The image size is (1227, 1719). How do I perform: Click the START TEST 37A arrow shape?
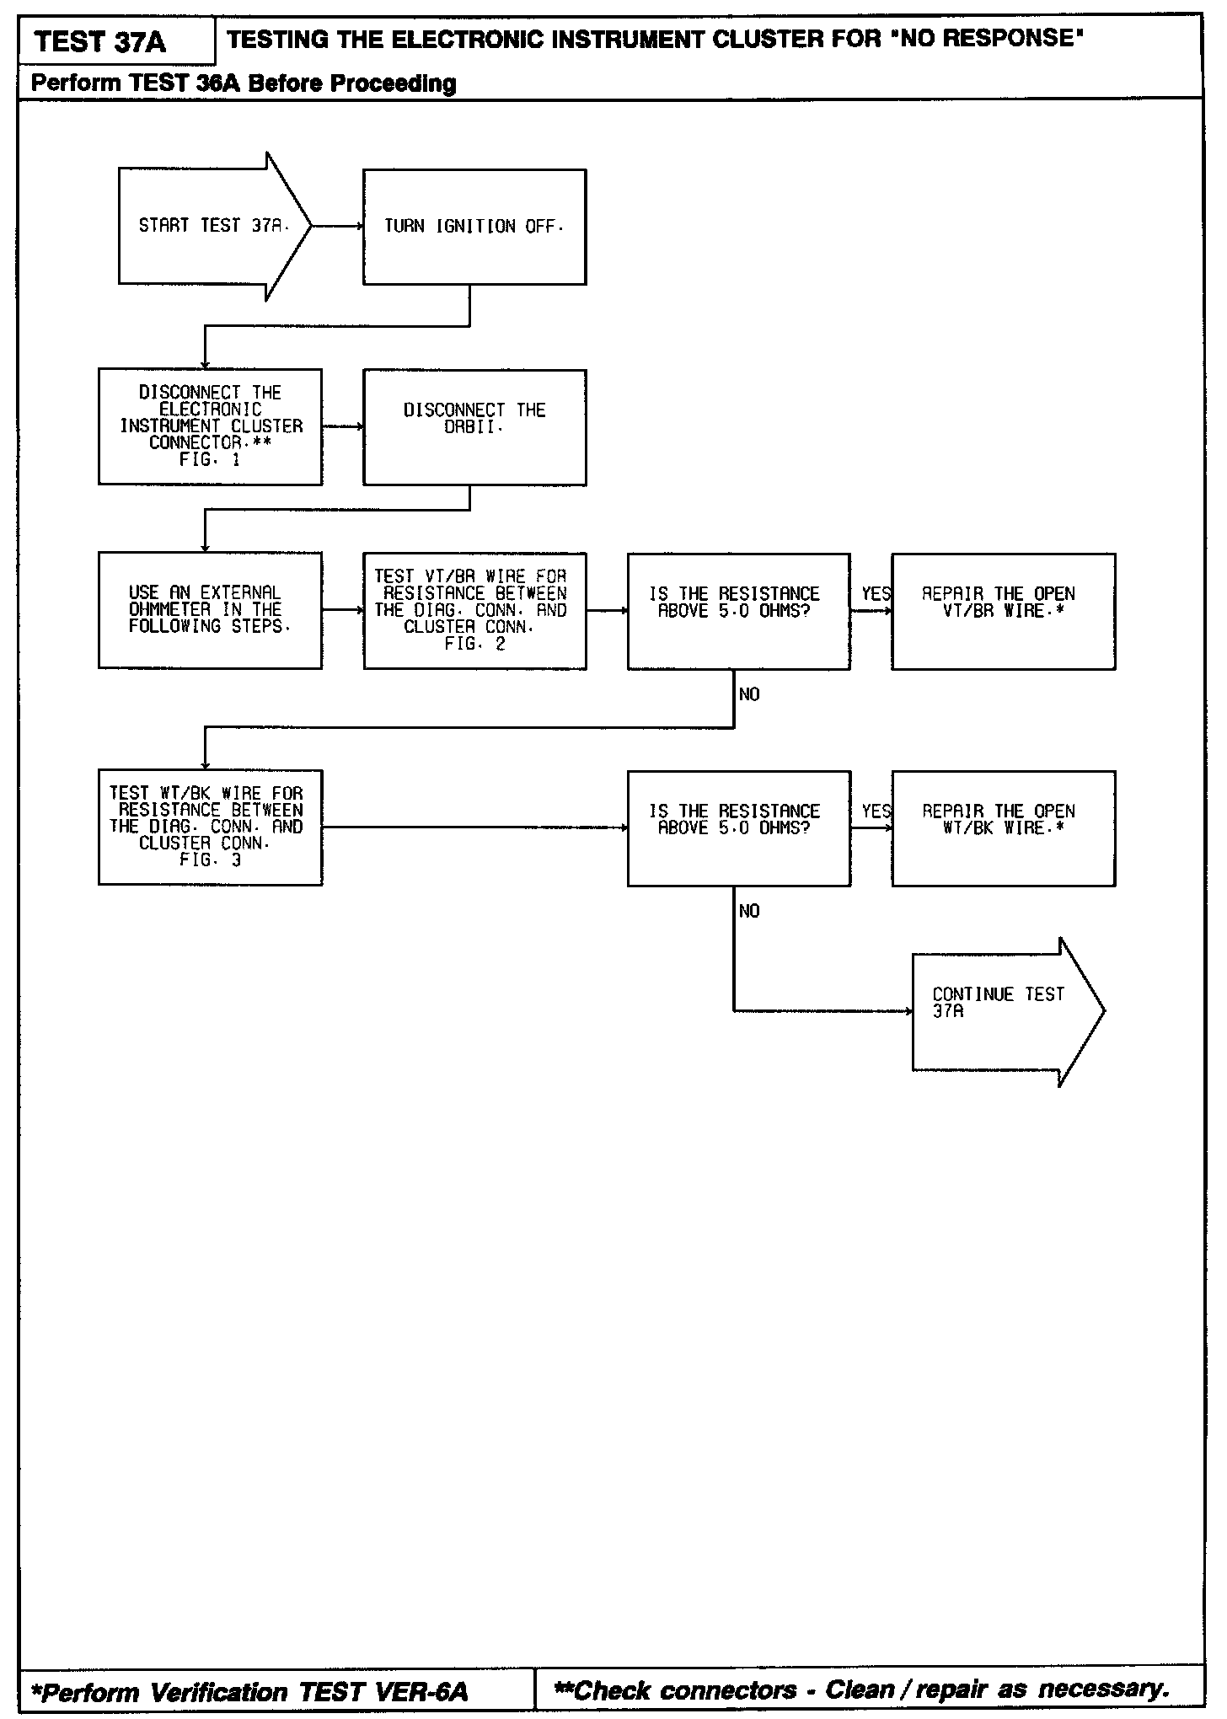(211, 226)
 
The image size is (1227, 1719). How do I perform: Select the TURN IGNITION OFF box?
(474, 227)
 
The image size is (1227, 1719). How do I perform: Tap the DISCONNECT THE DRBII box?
(474, 427)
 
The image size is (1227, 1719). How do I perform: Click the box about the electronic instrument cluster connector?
(210, 426)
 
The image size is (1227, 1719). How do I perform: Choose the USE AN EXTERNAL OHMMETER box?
(210, 610)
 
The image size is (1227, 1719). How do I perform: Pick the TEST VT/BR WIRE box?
(474, 611)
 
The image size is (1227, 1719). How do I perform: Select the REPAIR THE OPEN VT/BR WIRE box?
(1003, 611)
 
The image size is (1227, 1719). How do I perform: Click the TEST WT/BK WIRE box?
(210, 827)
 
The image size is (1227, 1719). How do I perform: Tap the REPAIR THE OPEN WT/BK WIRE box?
(1003, 827)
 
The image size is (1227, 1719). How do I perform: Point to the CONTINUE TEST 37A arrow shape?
(1003, 1011)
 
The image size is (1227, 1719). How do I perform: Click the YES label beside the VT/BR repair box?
(876, 594)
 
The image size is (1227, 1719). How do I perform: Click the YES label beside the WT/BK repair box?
(876, 811)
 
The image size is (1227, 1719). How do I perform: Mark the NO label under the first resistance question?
(749, 694)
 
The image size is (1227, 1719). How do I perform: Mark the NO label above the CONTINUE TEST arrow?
(749, 911)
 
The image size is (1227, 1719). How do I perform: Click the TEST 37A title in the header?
(101, 41)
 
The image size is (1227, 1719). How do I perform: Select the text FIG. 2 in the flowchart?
(474, 645)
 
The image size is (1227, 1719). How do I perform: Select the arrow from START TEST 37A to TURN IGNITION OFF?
(337, 226)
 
